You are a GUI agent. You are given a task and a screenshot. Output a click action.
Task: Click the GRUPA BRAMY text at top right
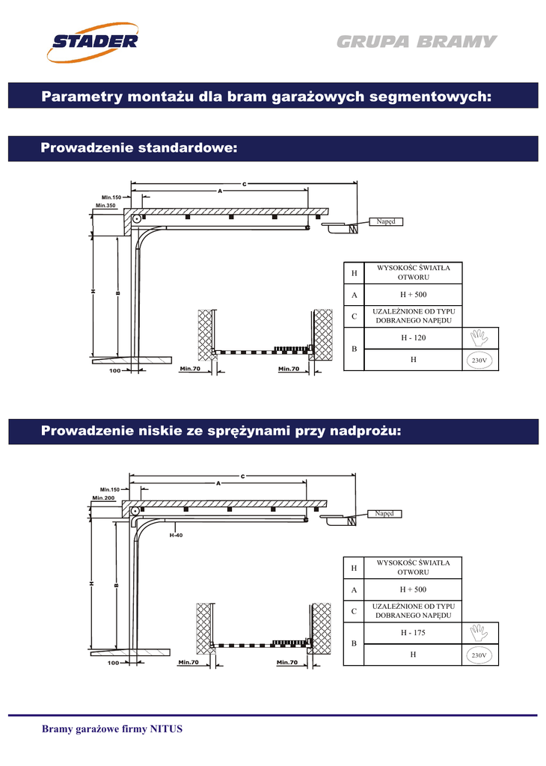coord(416,42)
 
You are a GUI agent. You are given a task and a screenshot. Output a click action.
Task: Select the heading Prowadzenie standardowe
coord(138,149)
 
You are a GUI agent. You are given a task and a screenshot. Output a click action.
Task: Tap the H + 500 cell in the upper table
coord(413,295)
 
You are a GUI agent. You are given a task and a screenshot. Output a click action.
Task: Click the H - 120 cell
coord(413,338)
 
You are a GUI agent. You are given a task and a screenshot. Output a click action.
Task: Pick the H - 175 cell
coord(413,633)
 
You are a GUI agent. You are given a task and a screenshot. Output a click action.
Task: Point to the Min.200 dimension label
coord(103,497)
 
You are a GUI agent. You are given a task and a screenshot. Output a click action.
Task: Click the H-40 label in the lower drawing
coord(176,535)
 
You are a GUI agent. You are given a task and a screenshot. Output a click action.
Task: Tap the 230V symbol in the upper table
coord(479,361)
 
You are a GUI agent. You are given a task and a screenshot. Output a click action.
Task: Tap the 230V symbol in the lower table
coord(479,655)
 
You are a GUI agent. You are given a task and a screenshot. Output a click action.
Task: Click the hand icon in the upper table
coord(479,339)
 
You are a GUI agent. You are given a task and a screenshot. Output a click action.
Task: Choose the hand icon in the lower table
coord(479,634)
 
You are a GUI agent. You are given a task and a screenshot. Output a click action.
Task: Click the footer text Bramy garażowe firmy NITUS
coord(111,729)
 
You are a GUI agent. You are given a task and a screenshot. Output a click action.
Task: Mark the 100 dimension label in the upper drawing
coord(114,370)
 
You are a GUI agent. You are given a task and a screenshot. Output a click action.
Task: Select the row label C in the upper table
coord(354,316)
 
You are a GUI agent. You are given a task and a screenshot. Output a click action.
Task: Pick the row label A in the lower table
coord(354,590)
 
